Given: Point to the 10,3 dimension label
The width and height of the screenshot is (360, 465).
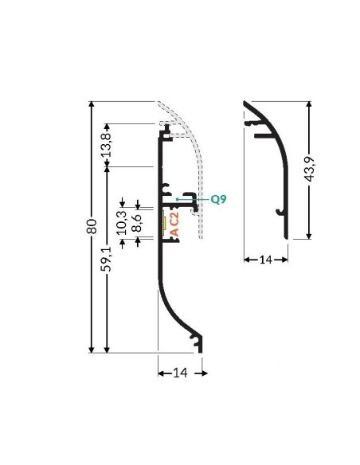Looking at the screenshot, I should tap(121, 220).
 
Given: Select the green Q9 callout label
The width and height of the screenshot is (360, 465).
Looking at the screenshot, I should tap(218, 199).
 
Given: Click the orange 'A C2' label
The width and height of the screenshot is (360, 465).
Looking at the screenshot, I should tap(174, 225).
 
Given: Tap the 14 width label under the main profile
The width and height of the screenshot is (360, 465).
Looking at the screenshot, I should tap(182, 373).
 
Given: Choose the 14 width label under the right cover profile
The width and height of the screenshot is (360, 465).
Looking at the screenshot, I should tap(266, 260).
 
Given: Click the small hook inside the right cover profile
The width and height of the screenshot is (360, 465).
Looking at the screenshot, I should tap(278, 212).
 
